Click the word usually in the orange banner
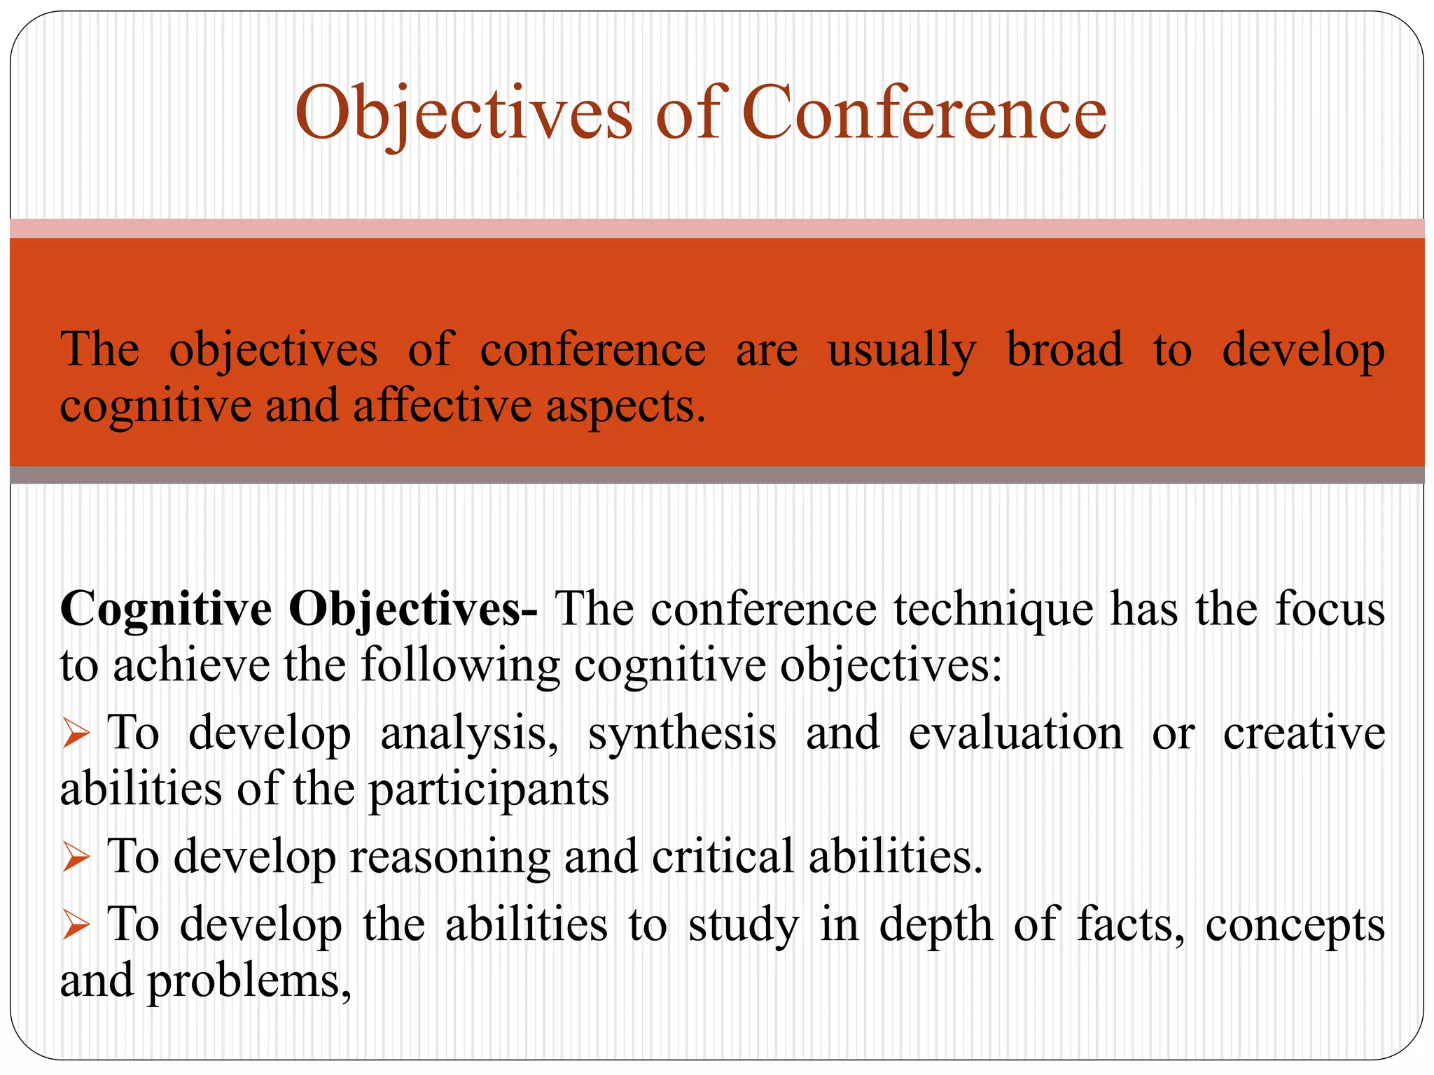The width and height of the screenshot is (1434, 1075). tap(901, 351)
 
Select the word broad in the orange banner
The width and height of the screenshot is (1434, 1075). tap(1064, 349)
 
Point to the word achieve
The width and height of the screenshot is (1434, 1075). tap(191, 665)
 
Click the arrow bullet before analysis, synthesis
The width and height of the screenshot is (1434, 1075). tap(76, 735)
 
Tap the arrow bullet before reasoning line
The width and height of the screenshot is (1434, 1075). tap(76, 857)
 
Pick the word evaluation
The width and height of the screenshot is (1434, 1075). tap(1015, 733)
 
